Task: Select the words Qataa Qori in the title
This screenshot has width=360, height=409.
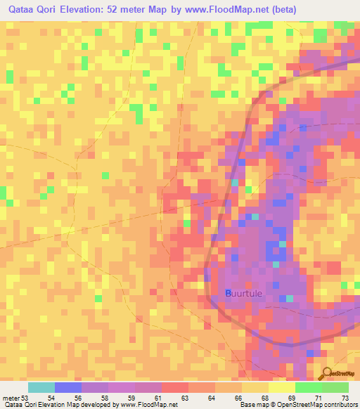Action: pyautogui.click(x=32, y=10)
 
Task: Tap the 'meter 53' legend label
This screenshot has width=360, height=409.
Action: pyautogui.click(x=15, y=398)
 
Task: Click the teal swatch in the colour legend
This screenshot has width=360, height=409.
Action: pyautogui.click(x=41, y=387)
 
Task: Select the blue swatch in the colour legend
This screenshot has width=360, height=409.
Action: pyautogui.click(x=68, y=387)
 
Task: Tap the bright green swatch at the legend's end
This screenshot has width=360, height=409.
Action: pyautogui.click(x=335, y=387)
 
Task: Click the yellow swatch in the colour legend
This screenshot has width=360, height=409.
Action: pyautogui.click(x=282, y=387)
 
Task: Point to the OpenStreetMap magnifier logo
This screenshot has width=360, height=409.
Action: pyautogui.click(x=328, y=374)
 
